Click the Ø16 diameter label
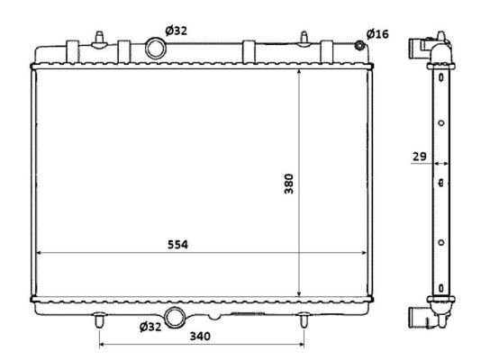[x=377, y=33]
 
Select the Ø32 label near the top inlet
[x=177, y=31]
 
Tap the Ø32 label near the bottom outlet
[x=150, y=327]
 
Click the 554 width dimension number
[x=177, y=245]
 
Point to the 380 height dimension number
[x=289, y=184]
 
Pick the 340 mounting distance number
[x=200, y=336]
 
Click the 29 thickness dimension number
[x=420, y=156]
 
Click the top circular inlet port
[x=155, y=49]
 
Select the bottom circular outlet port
[x=174, y=318]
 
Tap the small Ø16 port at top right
[x=360, y=46]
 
